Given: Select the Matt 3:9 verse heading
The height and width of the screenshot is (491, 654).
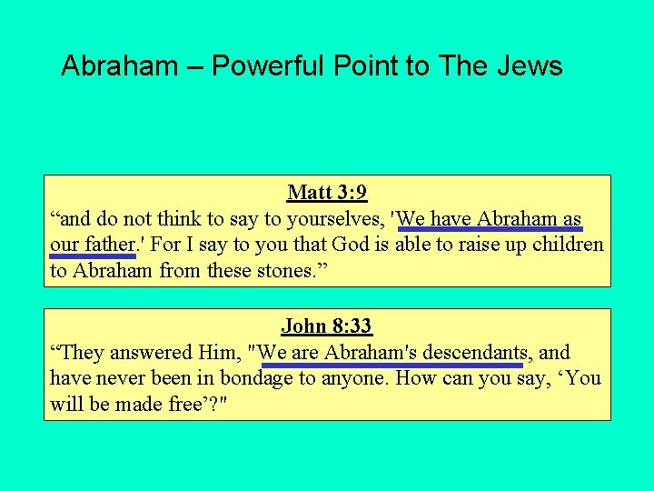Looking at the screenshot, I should pos(327,193).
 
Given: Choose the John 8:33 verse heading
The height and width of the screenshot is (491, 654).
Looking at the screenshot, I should pos(327,326).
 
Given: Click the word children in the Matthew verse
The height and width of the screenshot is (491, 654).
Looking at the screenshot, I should pos(569,245).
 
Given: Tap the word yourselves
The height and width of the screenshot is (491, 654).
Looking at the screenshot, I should pos(332,219).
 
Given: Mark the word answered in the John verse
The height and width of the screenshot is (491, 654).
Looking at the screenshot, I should pos(155,353).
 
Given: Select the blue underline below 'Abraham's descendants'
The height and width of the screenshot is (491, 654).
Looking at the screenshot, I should pos(391,365).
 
